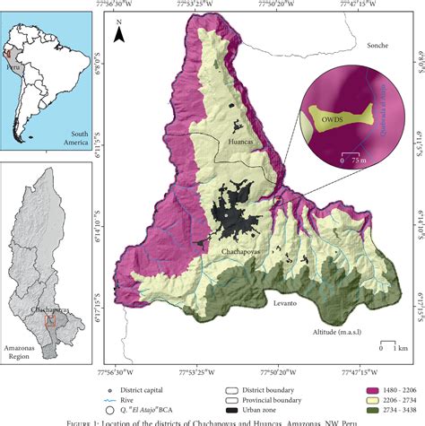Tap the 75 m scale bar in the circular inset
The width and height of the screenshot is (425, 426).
(x=350, y=153)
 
